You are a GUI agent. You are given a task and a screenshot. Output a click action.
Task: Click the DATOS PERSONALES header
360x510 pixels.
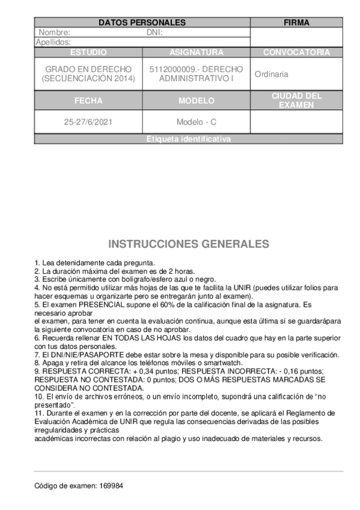point(142,23)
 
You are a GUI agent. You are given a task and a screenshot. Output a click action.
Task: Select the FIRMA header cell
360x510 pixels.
point(296,23)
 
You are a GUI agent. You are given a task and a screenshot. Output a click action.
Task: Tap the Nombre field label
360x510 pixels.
point(55,32)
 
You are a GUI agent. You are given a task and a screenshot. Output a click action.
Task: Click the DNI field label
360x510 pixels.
point(155,32)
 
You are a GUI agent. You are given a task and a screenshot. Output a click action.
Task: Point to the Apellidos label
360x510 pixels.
point(53,42)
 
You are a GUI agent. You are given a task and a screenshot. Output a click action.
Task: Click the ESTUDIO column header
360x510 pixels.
point(88,52)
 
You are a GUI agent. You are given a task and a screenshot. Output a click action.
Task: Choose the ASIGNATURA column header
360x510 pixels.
point(197,52)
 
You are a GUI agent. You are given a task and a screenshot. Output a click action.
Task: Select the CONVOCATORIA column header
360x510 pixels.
point(296,52)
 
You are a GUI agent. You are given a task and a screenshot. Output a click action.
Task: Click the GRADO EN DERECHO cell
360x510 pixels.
point(88,74)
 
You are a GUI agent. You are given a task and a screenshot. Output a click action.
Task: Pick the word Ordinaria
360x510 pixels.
point(272,75)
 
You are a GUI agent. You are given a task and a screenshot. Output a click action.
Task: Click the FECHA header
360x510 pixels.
point(88,100)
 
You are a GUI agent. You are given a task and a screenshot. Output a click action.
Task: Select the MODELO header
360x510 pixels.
point(197,100)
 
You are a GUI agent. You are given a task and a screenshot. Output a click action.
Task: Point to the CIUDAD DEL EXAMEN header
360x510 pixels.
point(296,100)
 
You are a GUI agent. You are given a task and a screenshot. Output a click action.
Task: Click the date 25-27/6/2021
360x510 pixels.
point(88,122)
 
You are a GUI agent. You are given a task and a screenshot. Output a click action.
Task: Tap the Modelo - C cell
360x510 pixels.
point(197,122)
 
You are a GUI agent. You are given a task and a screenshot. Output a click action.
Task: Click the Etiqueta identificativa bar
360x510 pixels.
point(188,140)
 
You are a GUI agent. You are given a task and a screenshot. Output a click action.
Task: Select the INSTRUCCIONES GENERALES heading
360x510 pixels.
point(189,244)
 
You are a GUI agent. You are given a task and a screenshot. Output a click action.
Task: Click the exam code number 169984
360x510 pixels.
point(112,485)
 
